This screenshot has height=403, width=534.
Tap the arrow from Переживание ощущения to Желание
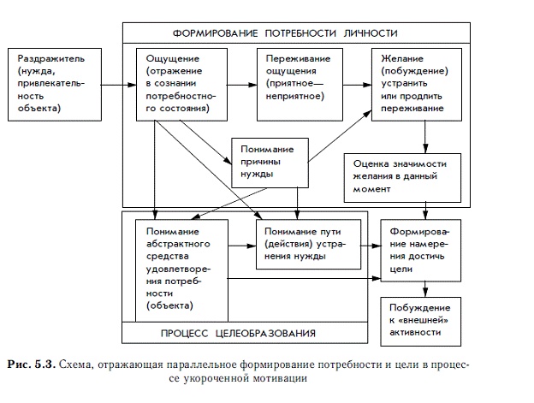pyautogui.click(x=352, y=85)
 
